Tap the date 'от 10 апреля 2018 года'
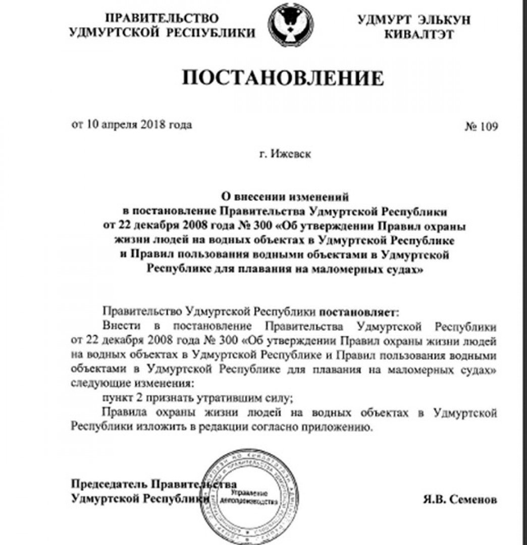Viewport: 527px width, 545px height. tap(132, 124)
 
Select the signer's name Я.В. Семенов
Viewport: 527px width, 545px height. tap(460, 500)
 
